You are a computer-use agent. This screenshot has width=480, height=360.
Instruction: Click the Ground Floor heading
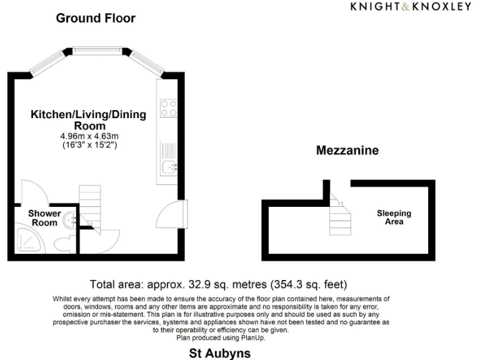tap(96, 18)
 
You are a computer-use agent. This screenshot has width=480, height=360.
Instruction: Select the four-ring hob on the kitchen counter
tap(168, 109)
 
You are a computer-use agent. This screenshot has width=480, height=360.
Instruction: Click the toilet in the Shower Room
tap(62, 242)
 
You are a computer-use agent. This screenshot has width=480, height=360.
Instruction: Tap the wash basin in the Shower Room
tap(72, 218)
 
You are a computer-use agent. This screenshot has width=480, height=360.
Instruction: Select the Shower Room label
tap(44, 217)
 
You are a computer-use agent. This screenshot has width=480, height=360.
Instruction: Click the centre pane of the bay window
tap(96, 49)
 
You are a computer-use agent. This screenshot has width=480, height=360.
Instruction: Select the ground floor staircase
tap(89, 206)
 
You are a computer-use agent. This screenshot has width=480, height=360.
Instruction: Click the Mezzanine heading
tap(347, 151)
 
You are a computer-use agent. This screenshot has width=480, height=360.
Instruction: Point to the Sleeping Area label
tap(393, 217)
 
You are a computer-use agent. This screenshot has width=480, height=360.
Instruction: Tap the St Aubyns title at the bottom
tap(219, 353)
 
